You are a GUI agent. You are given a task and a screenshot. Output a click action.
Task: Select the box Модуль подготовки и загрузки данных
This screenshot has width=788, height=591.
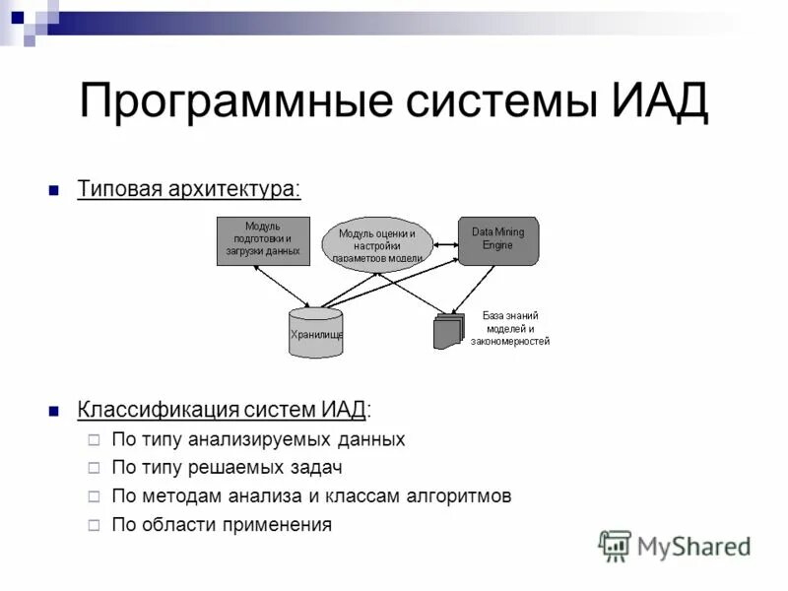point(262,240)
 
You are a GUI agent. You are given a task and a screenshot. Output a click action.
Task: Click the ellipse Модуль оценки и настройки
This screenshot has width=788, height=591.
point(377,242)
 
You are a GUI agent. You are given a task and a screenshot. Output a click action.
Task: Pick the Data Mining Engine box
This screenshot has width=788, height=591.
point(497,240)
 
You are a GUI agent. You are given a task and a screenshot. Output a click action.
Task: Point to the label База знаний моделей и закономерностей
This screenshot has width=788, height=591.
point(509,328)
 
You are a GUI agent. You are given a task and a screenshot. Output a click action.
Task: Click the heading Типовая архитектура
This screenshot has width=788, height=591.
point(189,188)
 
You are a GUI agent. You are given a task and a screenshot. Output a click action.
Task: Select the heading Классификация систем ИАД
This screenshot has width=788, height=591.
point(225,409)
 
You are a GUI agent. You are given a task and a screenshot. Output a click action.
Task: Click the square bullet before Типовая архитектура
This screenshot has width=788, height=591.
point(55,189)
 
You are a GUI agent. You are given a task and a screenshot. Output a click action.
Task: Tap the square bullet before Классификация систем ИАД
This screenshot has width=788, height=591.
point(55,410)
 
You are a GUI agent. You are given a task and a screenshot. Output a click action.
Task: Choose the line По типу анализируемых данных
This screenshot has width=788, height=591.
point(258,439)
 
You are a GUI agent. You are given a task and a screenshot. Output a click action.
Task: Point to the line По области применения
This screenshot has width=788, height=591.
point(222,525)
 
